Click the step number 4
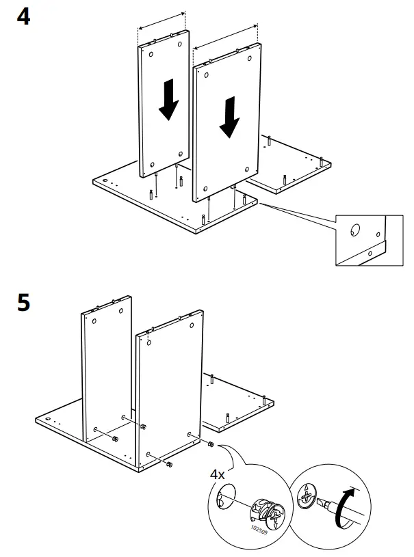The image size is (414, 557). click(23, 16)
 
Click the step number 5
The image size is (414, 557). click(23, 303)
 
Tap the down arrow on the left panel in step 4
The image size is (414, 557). click(167, 100)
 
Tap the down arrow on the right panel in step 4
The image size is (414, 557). click(230, 117)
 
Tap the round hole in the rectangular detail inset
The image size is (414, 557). click(355, 230)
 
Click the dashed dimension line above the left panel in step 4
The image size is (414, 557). click(161, 20)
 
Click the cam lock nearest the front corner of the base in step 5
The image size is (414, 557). click(168, 465)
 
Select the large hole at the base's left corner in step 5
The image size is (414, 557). click(49, 418)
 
